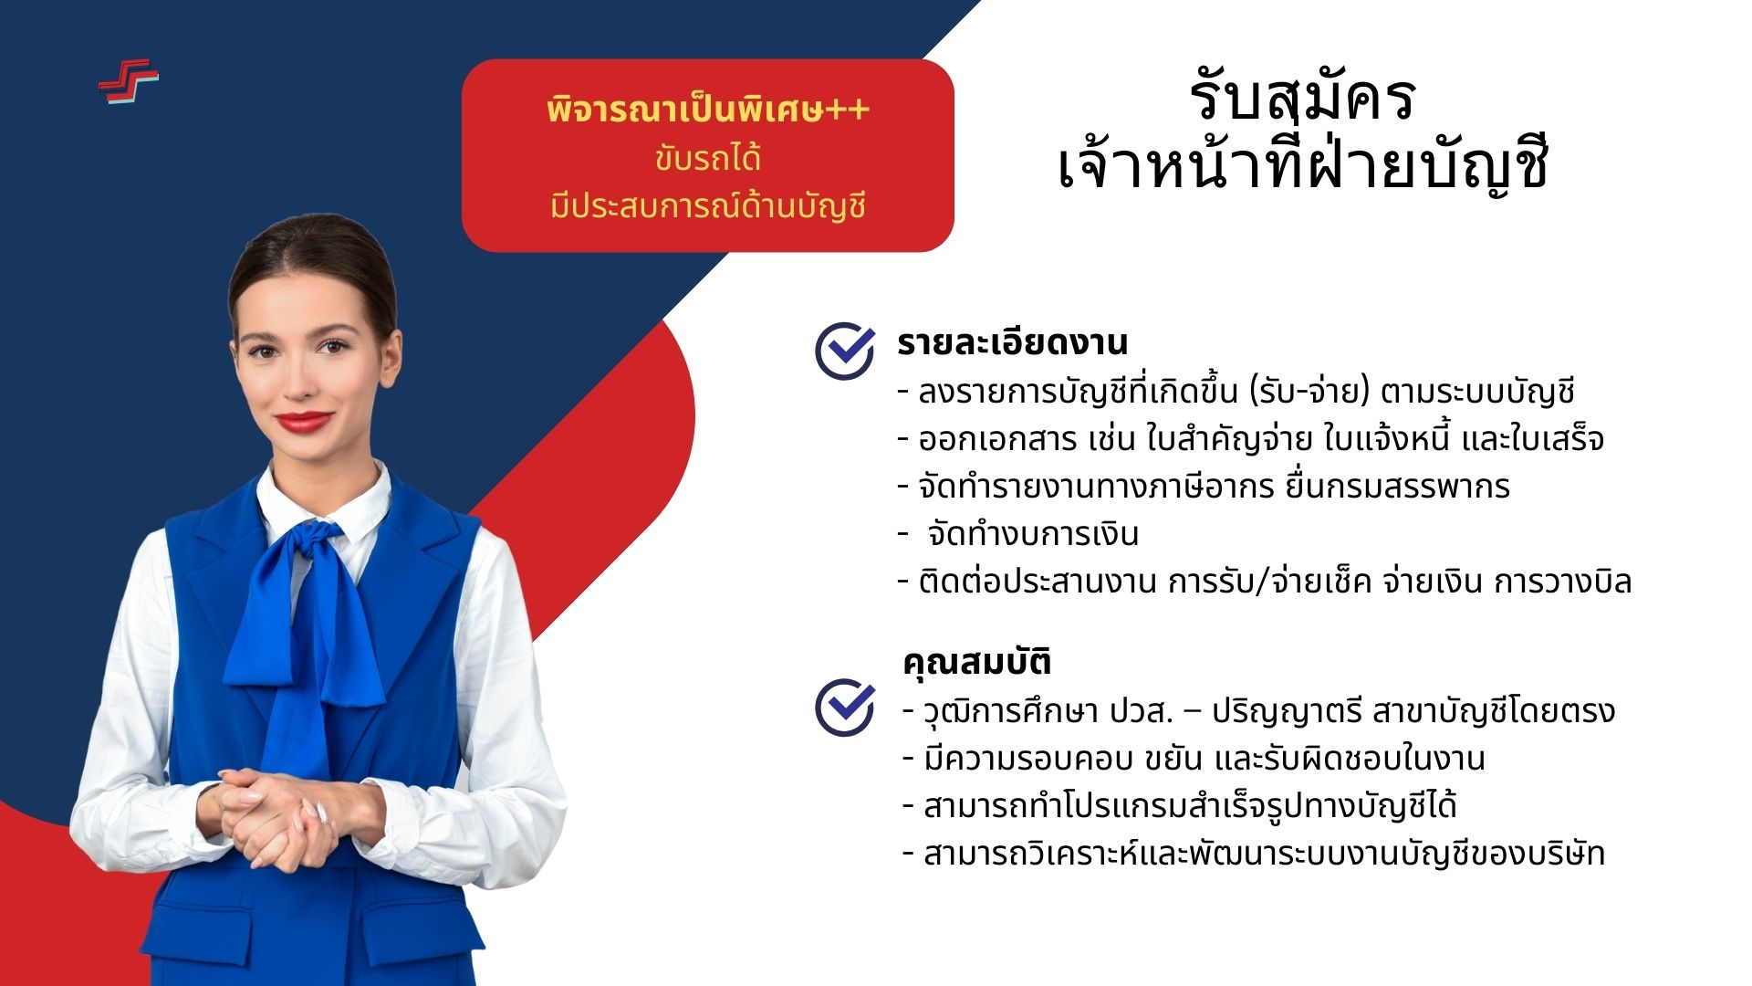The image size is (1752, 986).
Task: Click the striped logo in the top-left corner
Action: (129, 81)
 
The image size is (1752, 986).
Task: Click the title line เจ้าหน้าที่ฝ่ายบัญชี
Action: (1303, 164)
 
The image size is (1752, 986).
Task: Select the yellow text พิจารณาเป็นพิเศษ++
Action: (708, 110)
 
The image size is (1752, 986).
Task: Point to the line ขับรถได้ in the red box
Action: (708, 159)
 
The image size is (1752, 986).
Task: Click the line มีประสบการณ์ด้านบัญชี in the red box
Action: (708, 205)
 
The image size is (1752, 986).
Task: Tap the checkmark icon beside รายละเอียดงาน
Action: (845, 350)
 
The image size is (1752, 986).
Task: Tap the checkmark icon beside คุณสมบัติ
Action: (845, 706)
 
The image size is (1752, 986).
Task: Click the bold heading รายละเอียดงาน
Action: (1012, 342)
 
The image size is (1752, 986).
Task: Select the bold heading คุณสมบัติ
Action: (976, 662)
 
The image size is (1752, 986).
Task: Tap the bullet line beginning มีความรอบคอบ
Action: (1194, 759)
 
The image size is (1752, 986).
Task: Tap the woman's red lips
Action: (304, 421)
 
